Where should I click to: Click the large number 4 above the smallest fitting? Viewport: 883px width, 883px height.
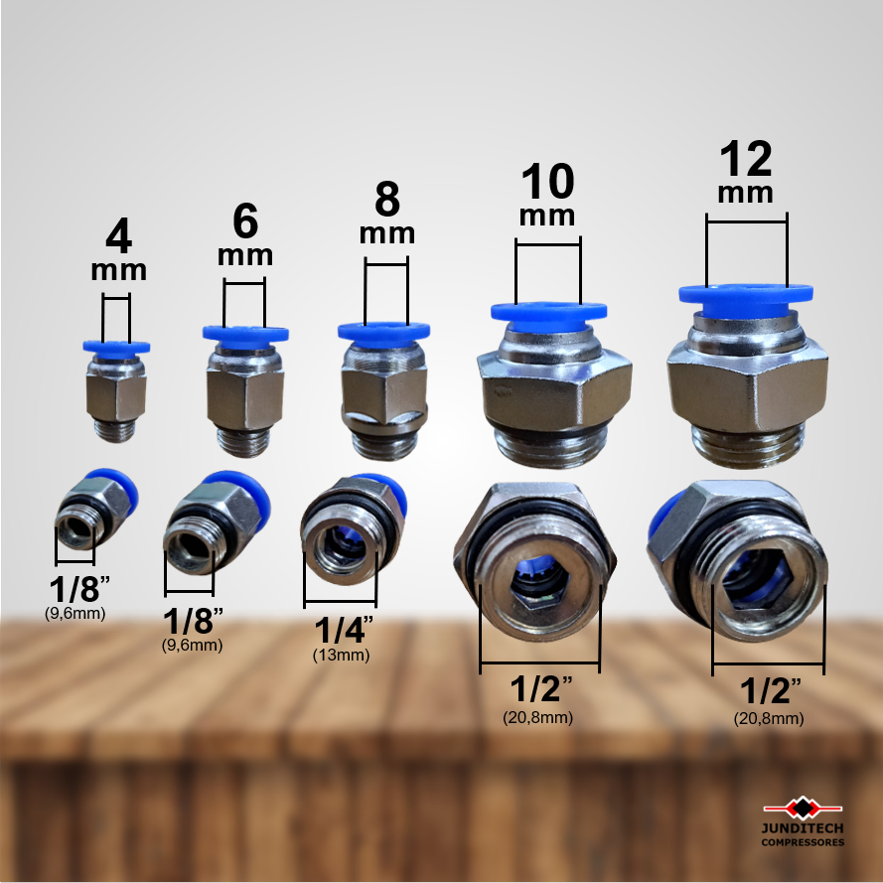(119, 236)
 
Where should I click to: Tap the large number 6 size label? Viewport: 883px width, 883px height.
(245, 221)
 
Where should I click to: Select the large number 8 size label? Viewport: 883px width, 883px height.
(387, 199)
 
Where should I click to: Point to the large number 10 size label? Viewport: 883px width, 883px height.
(547, 182)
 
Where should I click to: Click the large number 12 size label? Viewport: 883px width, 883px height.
(746, 158)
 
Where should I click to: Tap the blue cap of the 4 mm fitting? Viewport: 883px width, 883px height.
(116, 348)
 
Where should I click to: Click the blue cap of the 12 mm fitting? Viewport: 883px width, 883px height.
(746, 300)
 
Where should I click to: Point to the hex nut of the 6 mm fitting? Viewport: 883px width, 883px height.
(245, 398)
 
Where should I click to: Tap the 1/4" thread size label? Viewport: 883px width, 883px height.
(344, 630)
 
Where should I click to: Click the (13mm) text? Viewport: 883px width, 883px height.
(342, 656)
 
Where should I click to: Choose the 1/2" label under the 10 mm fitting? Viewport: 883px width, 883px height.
(540, 689)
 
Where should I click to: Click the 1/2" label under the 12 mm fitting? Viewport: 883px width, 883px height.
(770, 691)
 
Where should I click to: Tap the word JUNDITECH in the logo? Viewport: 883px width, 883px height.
(803, 828)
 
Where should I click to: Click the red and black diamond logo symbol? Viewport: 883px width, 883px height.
(803, 809)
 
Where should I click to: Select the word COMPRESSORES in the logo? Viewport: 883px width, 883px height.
(803, 842)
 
